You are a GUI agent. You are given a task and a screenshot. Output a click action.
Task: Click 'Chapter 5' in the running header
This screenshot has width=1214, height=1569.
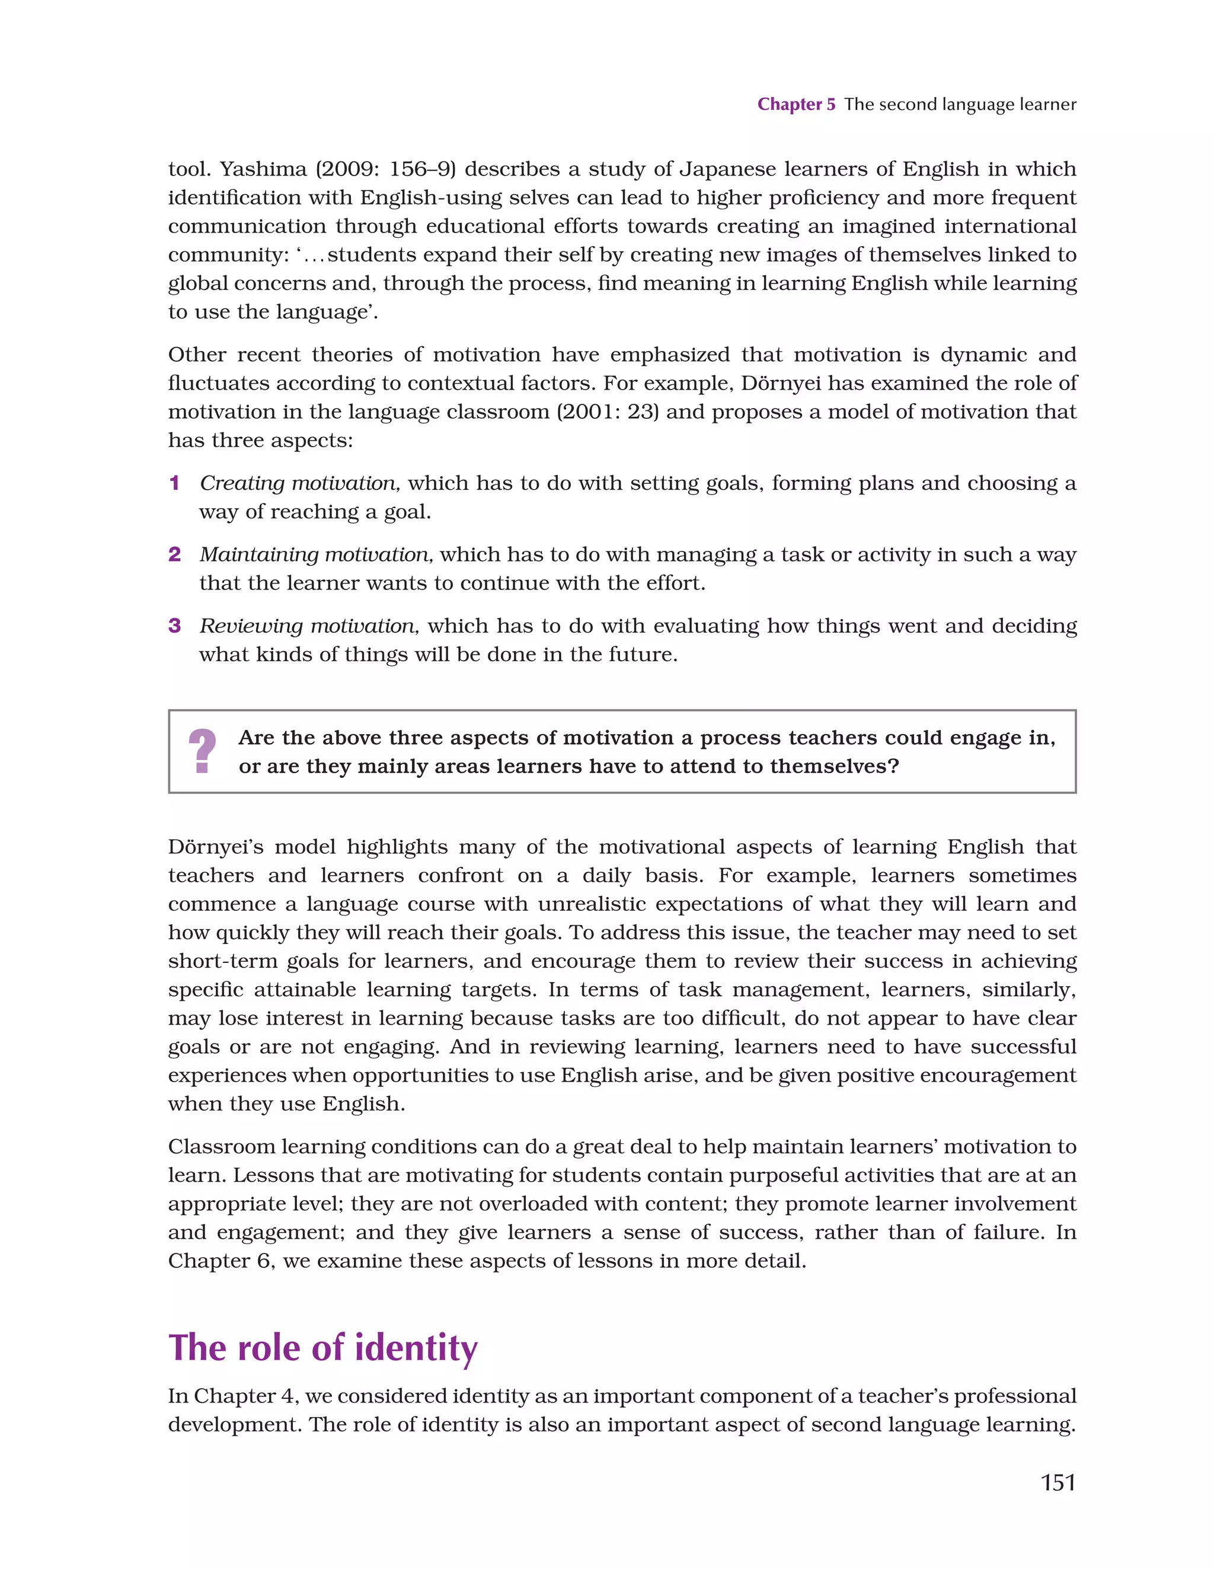point(796,104)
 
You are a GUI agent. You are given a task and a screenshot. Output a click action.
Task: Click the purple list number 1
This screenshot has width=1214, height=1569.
point(174,483)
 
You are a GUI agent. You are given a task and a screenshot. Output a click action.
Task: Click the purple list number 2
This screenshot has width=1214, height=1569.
point(174,554)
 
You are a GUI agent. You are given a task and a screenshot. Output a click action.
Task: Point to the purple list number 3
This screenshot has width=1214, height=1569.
point(174,626)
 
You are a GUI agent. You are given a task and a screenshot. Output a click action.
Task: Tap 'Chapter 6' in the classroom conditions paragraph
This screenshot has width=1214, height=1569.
point(221,1261)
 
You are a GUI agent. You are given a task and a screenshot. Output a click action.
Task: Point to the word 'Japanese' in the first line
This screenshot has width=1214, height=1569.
point(727,169)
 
